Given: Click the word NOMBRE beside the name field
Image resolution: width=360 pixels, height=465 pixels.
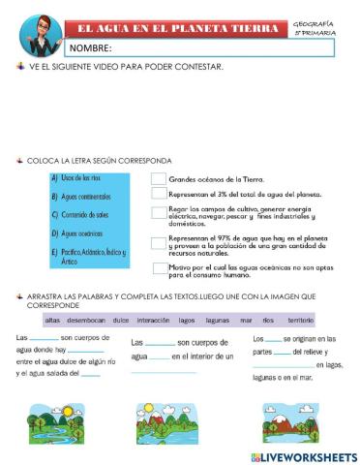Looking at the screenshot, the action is click(89, 47).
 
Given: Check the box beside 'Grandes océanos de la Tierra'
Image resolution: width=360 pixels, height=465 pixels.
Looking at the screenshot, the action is click(159, 179).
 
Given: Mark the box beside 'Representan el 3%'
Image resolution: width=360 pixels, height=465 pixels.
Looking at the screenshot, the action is click(159, 195).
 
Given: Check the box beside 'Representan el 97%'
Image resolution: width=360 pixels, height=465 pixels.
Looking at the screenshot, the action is click(159, 243).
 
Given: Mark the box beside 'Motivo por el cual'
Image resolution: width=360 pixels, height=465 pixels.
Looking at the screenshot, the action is click(159, 267).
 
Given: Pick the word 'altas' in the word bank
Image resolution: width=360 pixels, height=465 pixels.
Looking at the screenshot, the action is click(53, 319).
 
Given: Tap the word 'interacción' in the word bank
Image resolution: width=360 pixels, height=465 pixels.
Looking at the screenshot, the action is click(153, 319).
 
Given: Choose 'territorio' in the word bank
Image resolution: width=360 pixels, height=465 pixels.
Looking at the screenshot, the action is click(300, 319).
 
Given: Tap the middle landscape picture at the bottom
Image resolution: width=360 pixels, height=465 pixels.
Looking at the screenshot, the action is click(163, 422).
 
